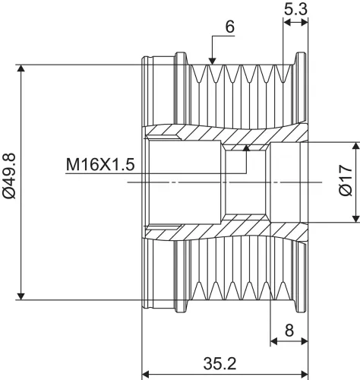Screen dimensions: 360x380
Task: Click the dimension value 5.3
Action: [295, 10]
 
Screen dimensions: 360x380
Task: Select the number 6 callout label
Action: [230, 27]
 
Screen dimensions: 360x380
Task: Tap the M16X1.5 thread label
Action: [100, 165]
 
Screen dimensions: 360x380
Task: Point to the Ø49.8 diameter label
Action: [9, 176]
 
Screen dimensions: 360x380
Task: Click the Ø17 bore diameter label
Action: [346, 180]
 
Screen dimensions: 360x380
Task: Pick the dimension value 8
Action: [289, 331]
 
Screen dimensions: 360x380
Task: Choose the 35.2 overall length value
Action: [219, 363]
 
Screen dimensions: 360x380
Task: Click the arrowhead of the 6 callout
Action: [212, 61]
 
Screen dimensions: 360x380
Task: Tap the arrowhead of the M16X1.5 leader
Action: [246, 147]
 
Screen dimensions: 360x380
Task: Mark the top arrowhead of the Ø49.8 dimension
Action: [21, 68]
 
